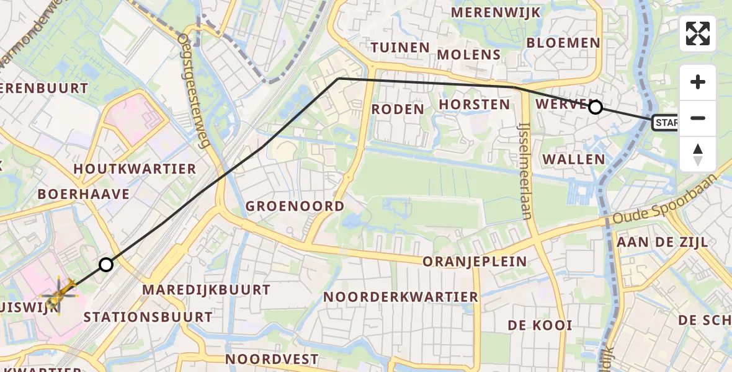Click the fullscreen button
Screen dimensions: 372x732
tap(698, 33)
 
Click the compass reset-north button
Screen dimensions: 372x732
tap(698, 154)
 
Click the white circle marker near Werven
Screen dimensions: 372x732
tap(595, 107)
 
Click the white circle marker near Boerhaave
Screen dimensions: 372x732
tap(106, 265)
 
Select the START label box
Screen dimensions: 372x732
tap(664, 123)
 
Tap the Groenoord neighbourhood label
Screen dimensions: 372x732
tap(295, 206)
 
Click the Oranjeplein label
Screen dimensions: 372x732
tap(475, 262)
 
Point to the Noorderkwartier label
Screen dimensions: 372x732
tap(401, 297)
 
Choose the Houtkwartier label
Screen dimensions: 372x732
tap(135, 169)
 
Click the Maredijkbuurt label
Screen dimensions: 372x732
tap(206, 290)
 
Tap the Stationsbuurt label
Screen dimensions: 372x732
tap(148, 317)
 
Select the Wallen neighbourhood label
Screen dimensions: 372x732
tap(574, 159)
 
